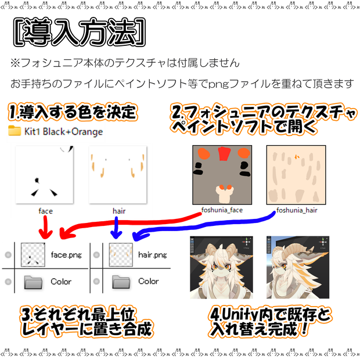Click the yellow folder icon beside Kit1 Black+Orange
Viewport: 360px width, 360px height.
[15, 131]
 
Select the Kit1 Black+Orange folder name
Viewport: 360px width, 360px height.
[64, 132]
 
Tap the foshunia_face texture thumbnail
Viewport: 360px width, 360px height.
[222, 175]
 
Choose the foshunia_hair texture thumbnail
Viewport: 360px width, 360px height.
[296, 175]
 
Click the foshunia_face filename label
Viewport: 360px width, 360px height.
[222, 210]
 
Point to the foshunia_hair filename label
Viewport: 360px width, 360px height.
[297, 210]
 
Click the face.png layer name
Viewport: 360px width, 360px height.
[66, 255]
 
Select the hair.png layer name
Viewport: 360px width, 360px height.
[153, 255]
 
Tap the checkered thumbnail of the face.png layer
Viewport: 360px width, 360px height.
[33, 255]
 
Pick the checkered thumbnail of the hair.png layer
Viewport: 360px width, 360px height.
[121, 255]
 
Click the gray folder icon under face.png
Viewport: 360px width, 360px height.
[33, 282]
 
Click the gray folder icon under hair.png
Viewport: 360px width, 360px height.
[121, 282]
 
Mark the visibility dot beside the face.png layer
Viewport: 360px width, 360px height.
[8, 255]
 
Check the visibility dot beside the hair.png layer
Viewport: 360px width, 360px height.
[96, 255]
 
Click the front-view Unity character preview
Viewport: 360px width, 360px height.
[222, 268]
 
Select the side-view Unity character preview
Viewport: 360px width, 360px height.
[298, 268]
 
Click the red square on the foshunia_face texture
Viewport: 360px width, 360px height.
[224, 154]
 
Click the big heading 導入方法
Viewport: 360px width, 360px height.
[80, 32]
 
